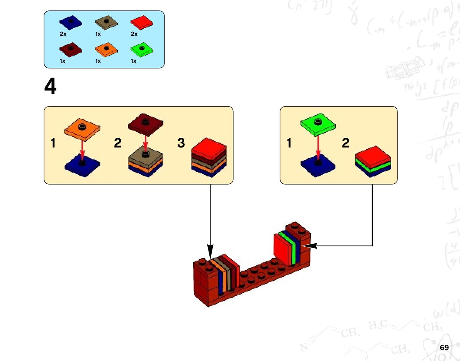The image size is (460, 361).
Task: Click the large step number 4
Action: point(51,86)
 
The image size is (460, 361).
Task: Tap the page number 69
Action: point(444,347)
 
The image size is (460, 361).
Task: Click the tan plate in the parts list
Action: point(106,22)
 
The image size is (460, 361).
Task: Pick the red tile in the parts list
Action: point(142,22)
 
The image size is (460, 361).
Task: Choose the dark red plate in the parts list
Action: point(71,49)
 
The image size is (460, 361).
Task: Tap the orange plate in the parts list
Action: point(106,49)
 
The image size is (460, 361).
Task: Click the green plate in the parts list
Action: point(142,49)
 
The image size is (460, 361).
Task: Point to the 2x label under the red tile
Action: point(134,34)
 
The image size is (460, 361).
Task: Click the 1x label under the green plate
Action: point(134,61)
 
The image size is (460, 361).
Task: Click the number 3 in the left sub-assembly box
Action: point(181,143)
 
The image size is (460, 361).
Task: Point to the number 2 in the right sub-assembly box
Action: point(346,143)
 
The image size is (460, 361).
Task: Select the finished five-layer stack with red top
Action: point(209,158)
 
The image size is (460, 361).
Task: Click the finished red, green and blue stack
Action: point(373,161)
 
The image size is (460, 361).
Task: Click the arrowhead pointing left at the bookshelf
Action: point(311,246)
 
